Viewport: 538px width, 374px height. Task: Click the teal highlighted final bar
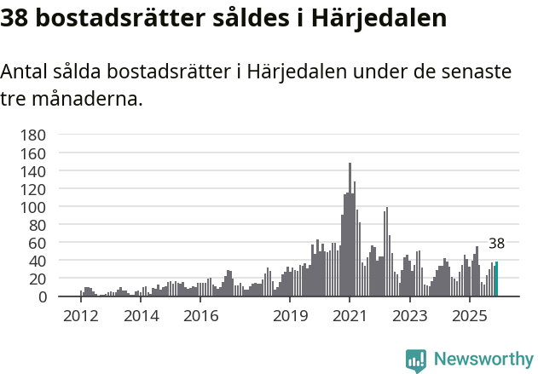pos(496,279)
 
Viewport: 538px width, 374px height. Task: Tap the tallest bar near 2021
pos(350,230)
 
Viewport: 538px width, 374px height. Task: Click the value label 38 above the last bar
pos(496,244)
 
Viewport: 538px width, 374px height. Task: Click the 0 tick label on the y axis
pos(42,296)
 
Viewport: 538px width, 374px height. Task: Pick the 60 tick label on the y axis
pos(37,243)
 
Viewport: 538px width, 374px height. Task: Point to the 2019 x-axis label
pos(290,316)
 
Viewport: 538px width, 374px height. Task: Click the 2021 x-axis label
pos(350,316)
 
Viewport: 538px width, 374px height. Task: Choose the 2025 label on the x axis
pos(469,316)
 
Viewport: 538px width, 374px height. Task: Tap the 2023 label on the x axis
pos(409,316)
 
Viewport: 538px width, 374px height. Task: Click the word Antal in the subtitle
pos(25,72)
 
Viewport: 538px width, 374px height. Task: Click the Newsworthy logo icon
pos(416,360)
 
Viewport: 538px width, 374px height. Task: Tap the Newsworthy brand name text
pos(483,360)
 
